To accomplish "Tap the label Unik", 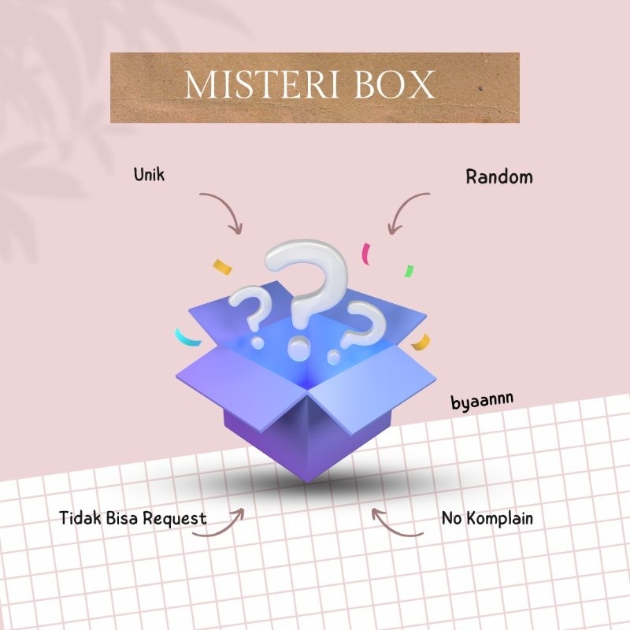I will (x=150, y=173).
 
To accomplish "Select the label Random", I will (x=498, y=176).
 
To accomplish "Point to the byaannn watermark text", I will (x=482, y=400).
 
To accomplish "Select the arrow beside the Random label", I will (x=406, y=211).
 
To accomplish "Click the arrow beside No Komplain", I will (x=398, y=526).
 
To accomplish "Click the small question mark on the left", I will (x=248, y=311).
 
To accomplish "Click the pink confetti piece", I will (x=365, y=254).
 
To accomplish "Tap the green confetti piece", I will (x=409, y=272).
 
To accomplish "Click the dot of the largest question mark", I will (x=298, y=344).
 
